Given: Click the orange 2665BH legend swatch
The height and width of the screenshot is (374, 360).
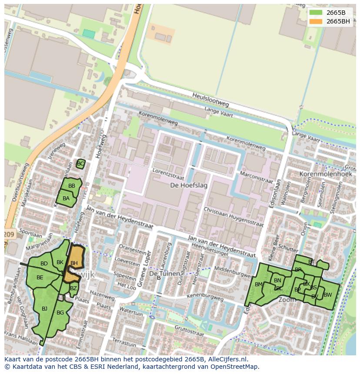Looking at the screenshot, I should (x=316, y=21).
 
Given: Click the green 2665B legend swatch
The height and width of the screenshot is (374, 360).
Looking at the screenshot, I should (x=316, y=13).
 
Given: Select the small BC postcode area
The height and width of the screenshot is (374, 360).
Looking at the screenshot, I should (x=80, y=164).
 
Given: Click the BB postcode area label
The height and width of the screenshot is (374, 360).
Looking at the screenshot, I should (x=72, y=186).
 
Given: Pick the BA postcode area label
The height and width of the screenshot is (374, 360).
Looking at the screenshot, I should (x=66, y=199).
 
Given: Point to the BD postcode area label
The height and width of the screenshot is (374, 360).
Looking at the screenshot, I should (x=44, y=264).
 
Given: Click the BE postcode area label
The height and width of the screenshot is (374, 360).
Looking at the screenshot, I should (x=40, y=278).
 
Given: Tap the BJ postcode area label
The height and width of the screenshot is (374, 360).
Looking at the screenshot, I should (x=44, y=309).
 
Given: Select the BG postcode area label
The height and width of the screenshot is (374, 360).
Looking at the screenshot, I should (x=60, y=313).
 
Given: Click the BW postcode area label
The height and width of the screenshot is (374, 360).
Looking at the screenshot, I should (x=327, y=295).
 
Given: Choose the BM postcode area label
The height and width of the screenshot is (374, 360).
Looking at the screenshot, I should (x=259, y=285).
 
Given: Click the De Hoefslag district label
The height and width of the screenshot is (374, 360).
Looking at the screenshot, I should (x=189, y=185).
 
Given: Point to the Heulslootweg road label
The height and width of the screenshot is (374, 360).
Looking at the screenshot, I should (x=210, y=100).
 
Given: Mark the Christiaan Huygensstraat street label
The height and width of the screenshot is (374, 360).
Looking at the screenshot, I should (x=234, y=217).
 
